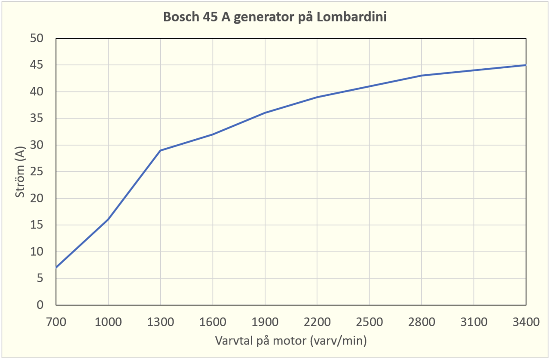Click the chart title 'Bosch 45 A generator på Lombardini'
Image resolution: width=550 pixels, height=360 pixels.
275,18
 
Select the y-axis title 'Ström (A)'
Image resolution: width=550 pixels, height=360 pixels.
20,171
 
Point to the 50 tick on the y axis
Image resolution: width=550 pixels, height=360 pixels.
37,39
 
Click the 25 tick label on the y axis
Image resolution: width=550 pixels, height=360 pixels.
37,172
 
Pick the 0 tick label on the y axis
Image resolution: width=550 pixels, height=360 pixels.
40,305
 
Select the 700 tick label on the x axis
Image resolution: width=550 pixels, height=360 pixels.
56,321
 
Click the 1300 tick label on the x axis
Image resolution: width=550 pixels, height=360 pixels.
160,321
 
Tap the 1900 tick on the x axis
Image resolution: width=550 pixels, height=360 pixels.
265,321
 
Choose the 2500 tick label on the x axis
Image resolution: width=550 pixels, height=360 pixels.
369,321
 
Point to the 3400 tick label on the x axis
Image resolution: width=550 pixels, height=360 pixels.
526,321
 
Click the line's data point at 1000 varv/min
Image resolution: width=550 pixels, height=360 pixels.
108,220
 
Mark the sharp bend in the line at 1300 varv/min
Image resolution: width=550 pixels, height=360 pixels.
160,150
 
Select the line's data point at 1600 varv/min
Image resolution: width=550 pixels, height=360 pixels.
213,134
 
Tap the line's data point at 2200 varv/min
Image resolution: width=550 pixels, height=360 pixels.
317,97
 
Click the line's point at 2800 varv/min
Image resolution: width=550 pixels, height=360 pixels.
422,76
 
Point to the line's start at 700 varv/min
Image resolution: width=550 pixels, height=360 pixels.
56,268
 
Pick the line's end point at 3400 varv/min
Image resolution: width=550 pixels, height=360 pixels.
526,65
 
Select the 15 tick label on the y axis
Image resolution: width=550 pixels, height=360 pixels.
37,225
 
